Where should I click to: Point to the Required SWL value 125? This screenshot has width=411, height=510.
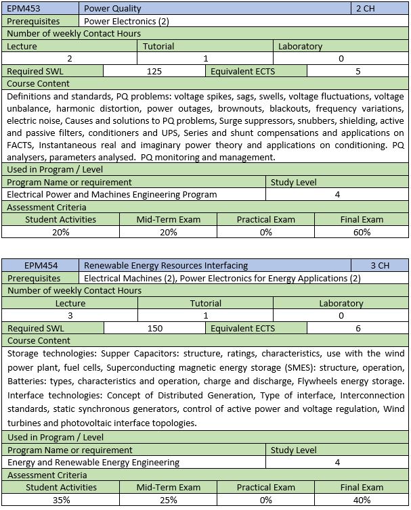[x=155, y=71]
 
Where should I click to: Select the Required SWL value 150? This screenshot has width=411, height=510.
[x=155, y=328]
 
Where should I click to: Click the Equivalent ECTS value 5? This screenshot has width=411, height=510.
[x=358, y=71]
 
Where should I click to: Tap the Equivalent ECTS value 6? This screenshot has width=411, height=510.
[x=358, y=328]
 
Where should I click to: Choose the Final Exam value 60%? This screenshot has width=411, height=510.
[x=362, y=232]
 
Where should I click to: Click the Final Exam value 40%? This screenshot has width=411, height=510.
[x=362, y=500]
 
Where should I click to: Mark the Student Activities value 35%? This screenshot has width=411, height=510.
[x=60, y=500]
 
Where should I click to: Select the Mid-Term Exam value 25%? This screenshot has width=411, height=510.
[x=168, y=500]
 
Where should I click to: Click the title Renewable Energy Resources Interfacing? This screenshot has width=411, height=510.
[x=166, y=266]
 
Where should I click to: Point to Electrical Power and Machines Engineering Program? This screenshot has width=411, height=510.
[x=112, y=195]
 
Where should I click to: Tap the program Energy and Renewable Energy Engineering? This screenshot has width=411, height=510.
[x=93, y=463]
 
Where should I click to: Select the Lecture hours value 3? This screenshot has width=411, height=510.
[x=70, y=316]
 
